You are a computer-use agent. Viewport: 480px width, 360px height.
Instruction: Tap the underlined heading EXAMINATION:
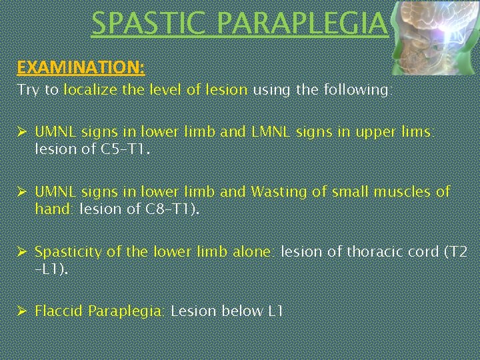click(81, 67)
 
